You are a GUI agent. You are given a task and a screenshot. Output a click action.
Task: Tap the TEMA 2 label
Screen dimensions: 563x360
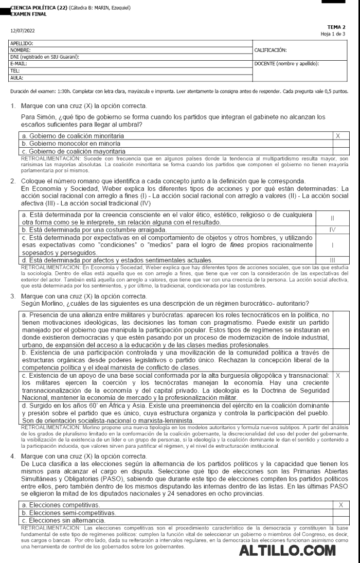336,27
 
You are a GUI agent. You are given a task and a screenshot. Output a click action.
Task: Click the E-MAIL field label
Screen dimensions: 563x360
19,62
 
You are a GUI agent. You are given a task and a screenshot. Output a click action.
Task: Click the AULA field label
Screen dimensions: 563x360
17,78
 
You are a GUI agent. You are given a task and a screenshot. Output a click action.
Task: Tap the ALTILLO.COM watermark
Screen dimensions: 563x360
287,551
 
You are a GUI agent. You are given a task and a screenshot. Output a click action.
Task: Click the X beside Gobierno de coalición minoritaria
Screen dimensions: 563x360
338,136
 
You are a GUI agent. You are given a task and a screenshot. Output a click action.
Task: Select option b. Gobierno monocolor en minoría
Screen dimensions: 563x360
71,144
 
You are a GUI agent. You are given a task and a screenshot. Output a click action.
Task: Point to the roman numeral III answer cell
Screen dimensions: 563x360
332,260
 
